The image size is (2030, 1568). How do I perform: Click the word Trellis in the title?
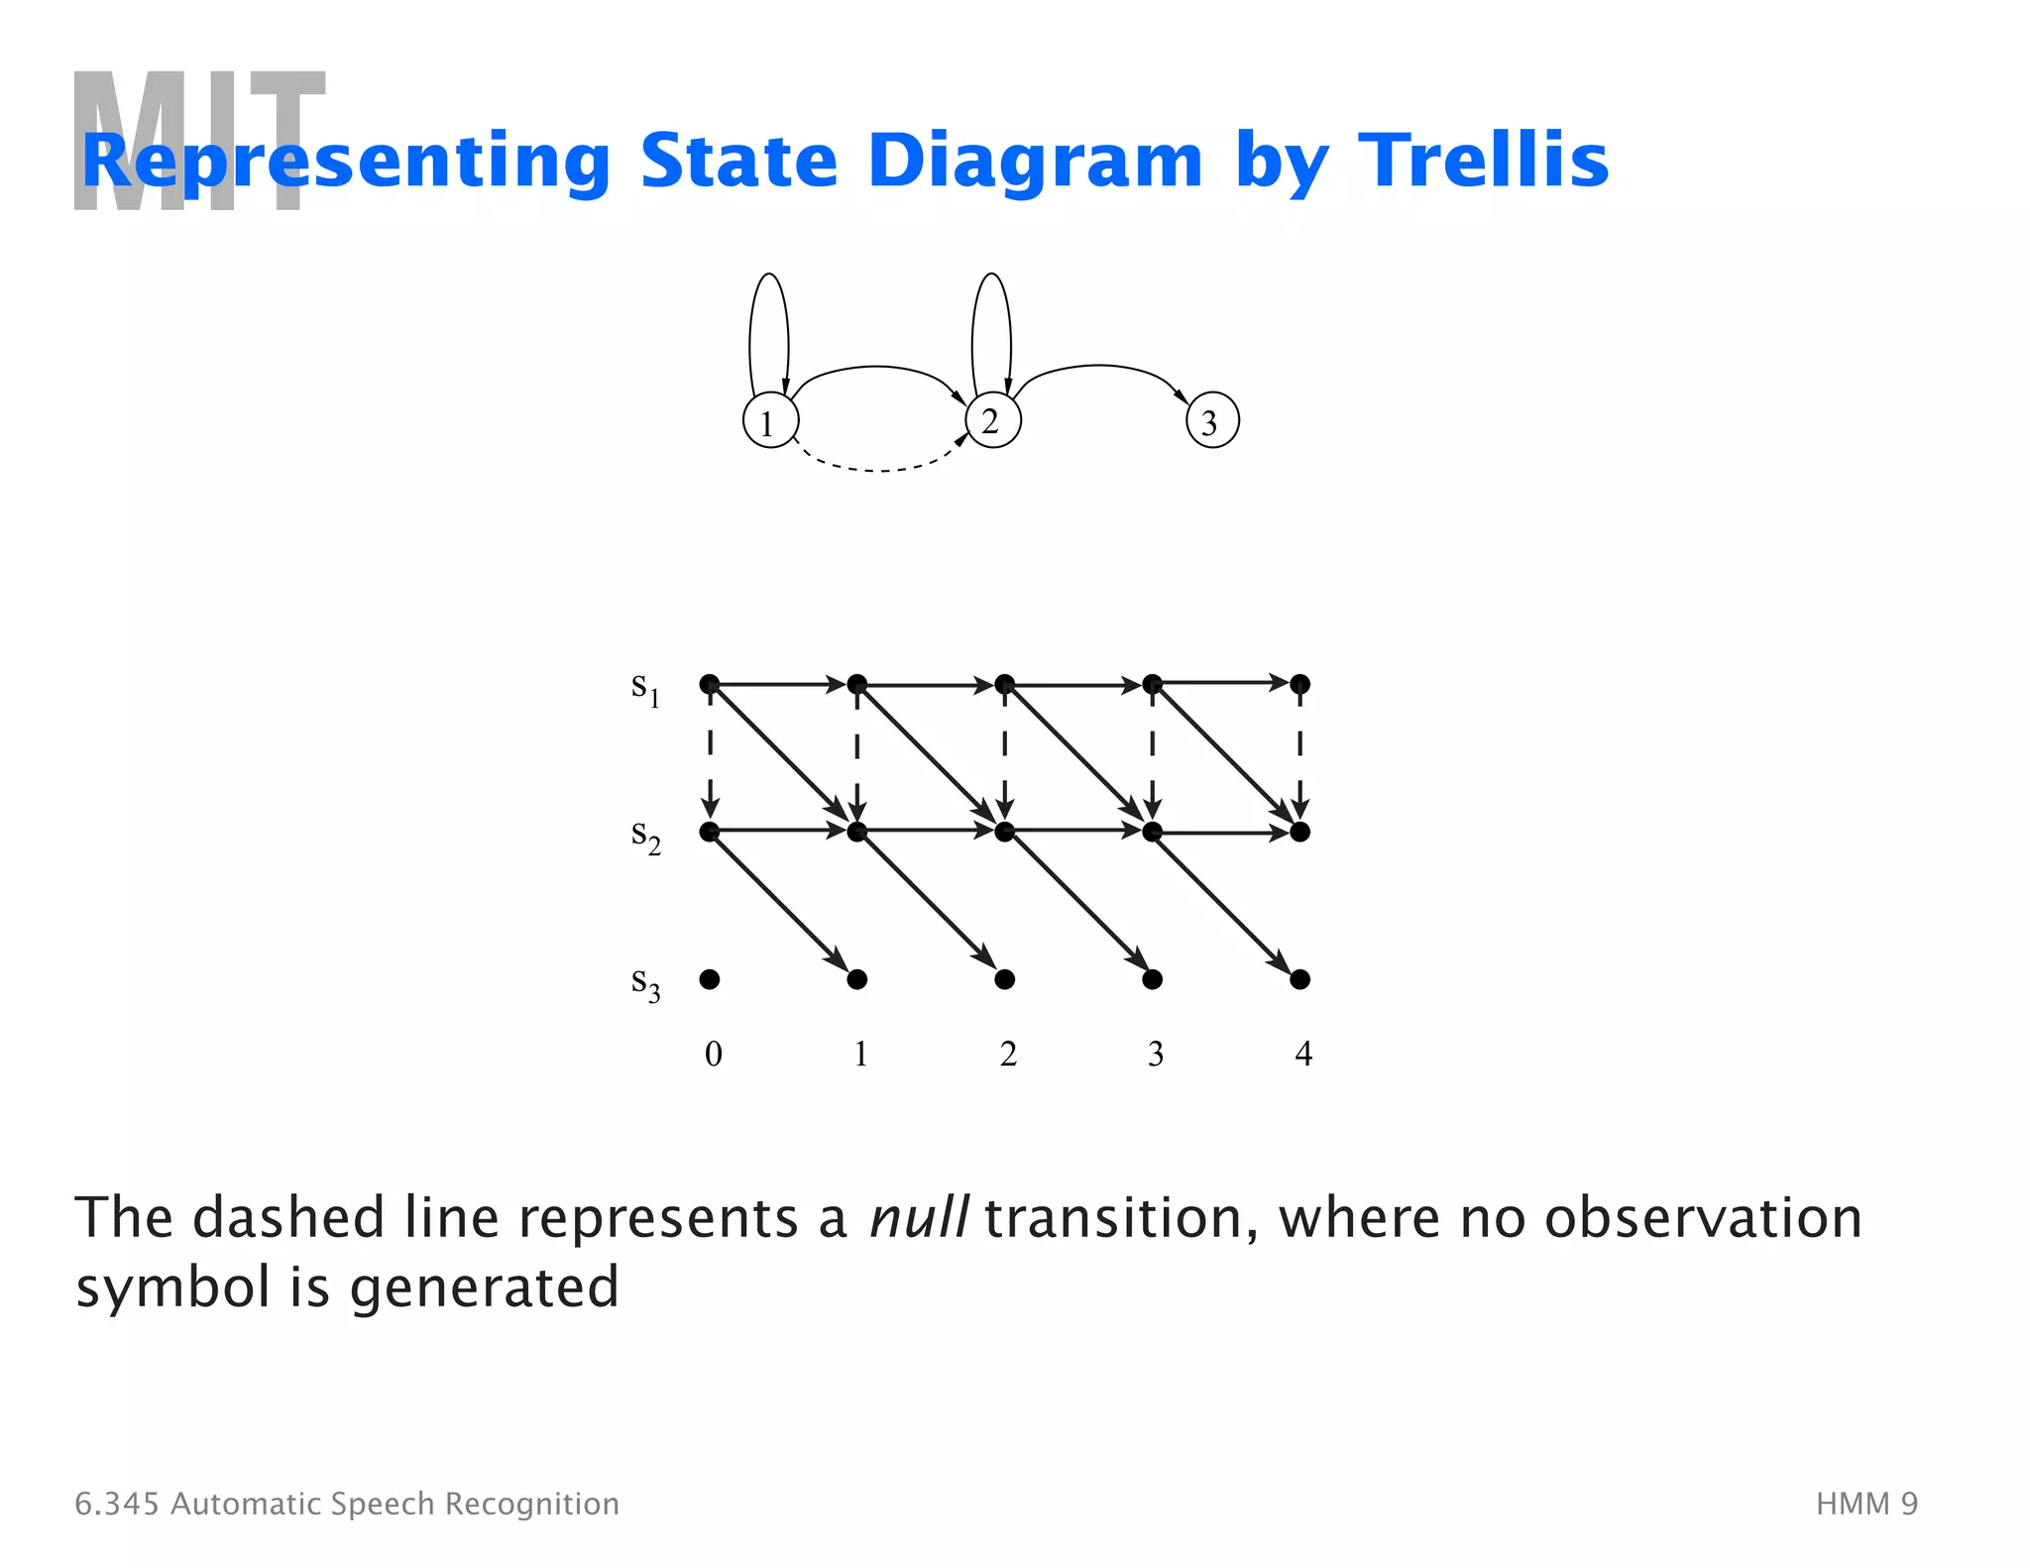(x=1483, y=161)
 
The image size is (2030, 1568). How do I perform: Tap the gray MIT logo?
(x=198, y=141)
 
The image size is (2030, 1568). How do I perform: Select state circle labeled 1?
(x=770, y=421)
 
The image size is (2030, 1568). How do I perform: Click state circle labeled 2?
(x=992, y=420)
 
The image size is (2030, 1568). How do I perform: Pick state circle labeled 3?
(x=1212, y=421)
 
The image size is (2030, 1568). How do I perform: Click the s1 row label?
(x=645, y=687)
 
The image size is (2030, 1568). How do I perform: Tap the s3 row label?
(x=645, y=983)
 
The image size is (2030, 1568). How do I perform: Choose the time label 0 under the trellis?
(x=713, y=1054)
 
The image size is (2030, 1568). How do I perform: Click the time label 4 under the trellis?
(x=1302, y=1054)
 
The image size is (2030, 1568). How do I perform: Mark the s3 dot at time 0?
(x=710, y=979)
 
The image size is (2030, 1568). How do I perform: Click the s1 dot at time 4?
(x=1300, y=684)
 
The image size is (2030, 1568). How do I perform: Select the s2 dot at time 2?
(x=1004, y=832)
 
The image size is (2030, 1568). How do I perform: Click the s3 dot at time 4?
(x=1300, y=979)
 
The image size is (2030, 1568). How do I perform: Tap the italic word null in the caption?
(x=918, y=1218)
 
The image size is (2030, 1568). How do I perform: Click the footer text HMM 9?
(x=1866, y=1504)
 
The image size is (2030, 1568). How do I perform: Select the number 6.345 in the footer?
(x=117, y=1504)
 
